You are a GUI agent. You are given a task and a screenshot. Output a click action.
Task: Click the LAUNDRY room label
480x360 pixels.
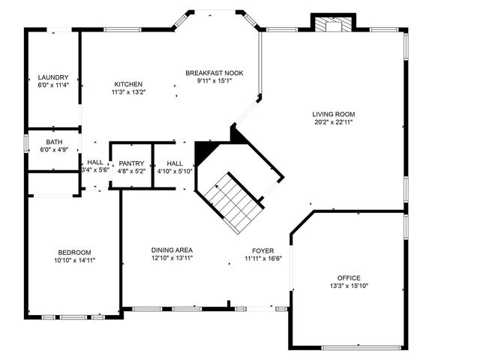click(54, 77)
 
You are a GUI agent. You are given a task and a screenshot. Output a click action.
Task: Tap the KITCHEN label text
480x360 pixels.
click(128, 84)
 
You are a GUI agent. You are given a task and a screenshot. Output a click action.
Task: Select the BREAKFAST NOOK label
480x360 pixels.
click(214, 73)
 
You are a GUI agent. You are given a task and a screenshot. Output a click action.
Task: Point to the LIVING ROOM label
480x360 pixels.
click(332, 114)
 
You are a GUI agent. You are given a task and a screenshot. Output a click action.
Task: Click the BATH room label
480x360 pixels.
click(54, 142)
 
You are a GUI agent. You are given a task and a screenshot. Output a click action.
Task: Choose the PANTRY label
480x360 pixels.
click(131, 163)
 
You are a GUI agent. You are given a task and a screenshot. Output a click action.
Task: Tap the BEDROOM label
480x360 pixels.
click(74, 252)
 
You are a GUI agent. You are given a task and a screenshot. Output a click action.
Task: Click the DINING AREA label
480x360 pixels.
click(172, 250)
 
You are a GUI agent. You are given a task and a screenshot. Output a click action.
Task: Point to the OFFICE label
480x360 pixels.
click(349, 277)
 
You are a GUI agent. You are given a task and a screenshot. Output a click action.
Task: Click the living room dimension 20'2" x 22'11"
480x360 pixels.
click(332, 121)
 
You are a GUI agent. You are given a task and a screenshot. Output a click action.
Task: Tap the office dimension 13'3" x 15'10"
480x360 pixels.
click(349, 286)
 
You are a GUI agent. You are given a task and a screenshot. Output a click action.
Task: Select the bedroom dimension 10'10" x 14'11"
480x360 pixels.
click(74, 260)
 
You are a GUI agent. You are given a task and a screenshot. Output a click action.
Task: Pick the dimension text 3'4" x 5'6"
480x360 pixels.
click(95, 170)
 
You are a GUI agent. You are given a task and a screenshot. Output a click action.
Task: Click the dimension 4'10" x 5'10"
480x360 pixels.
click(175, 171)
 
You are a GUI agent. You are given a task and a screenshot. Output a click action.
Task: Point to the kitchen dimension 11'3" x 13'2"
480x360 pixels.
click(128, 92)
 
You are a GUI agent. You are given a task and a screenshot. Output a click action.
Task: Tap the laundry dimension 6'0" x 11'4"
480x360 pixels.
click(54, 85)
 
